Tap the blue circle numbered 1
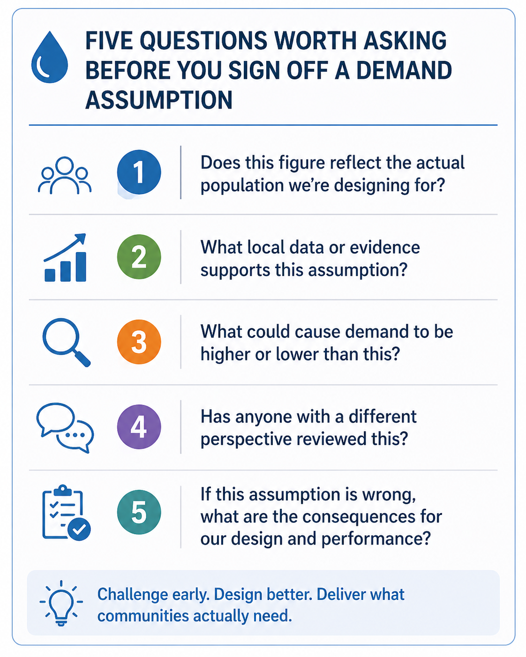click(139, 172)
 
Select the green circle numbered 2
click(139, 257)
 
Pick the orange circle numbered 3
click(139, 342)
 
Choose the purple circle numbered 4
click(139, 427)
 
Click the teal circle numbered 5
click(139, 512)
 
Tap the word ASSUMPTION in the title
click(159, 100)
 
